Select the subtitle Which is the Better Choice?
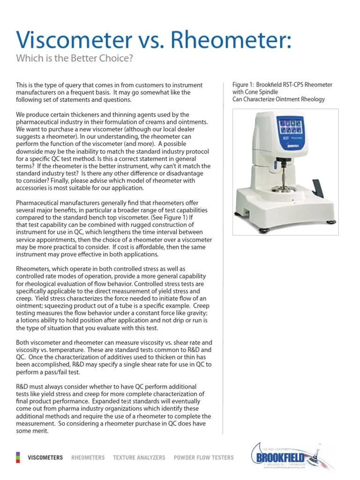tap(75, 59)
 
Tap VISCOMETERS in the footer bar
tap(45, 457)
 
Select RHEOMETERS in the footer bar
tap(88, 457)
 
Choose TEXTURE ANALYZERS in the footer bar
tap(139, 457)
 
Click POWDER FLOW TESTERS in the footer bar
tap(203, 457)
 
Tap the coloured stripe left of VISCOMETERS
tap(18, 457)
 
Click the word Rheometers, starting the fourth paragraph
tap(33, 269)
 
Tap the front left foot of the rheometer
tap(261, 230)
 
